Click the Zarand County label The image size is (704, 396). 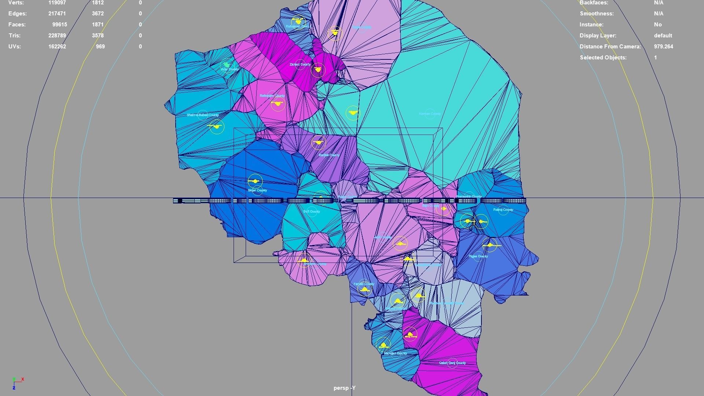[300, 65]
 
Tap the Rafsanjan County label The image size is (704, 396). [272, 96]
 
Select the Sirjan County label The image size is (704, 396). [257, 190]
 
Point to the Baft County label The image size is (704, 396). [312, 212]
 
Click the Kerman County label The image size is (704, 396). [430, 114]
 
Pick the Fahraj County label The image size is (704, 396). [503, 210]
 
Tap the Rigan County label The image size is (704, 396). [478, 256]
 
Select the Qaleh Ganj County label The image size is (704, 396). [452, 363]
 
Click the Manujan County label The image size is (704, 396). [395, 353]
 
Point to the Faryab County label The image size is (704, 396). [364, 284]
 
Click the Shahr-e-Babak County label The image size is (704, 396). [202, 115]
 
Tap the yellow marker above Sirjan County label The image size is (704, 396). [255, 181]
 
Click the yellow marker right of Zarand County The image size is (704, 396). [318, 69]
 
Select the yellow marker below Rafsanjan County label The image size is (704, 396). [278, 104]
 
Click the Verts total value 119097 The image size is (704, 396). [58, 3]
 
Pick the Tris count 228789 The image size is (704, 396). [58, 36]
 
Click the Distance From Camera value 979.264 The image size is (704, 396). [663, 47]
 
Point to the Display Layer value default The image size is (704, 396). [663, 36]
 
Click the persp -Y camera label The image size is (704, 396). [344, 388]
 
